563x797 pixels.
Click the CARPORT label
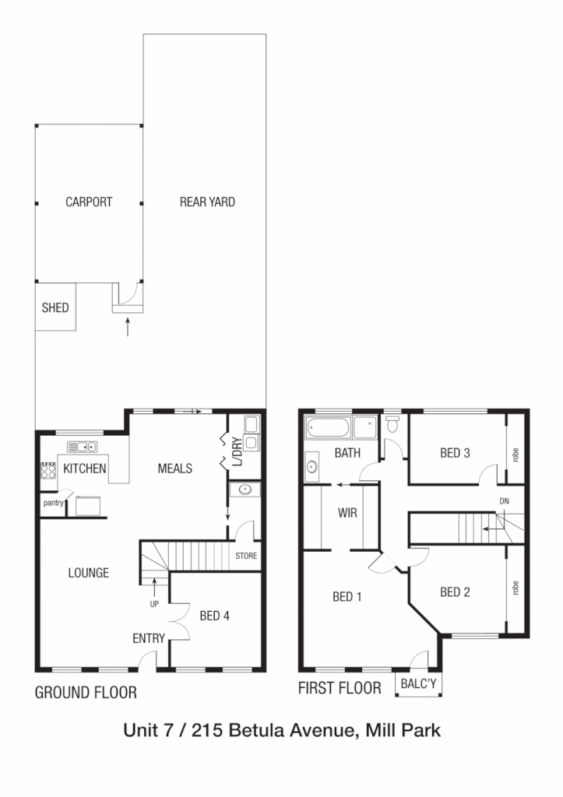click(x=89, y=202)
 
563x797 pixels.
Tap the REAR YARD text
click(x=207, y=202)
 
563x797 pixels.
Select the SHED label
click(x=55, y=307)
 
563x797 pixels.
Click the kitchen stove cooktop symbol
click(x=48, y=471)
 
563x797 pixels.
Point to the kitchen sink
click(x=81, y=447)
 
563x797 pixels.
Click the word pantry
click(x=53, y=503)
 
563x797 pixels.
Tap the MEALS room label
click(x=174, y=469)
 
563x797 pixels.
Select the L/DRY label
click(x=236, y=469)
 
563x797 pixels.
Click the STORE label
click(x=246, y=556)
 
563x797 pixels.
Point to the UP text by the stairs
click(x=155, y=602)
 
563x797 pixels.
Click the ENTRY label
click(x=149, y=638)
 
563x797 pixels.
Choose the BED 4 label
click(x=214, y=616)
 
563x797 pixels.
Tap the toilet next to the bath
click(x=392, y=423)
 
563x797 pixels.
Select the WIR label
click(x=347, y=514)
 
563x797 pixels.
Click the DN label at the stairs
click(x=505, y=501)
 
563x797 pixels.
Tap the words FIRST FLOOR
click(x=340, y=689)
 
